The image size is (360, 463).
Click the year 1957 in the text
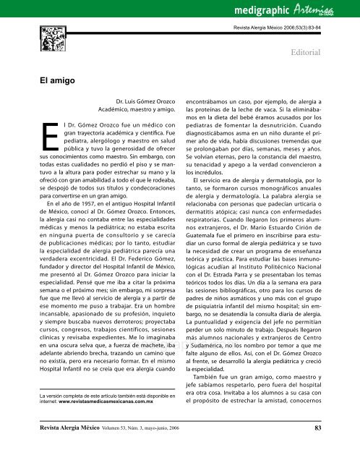[82, 238]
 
